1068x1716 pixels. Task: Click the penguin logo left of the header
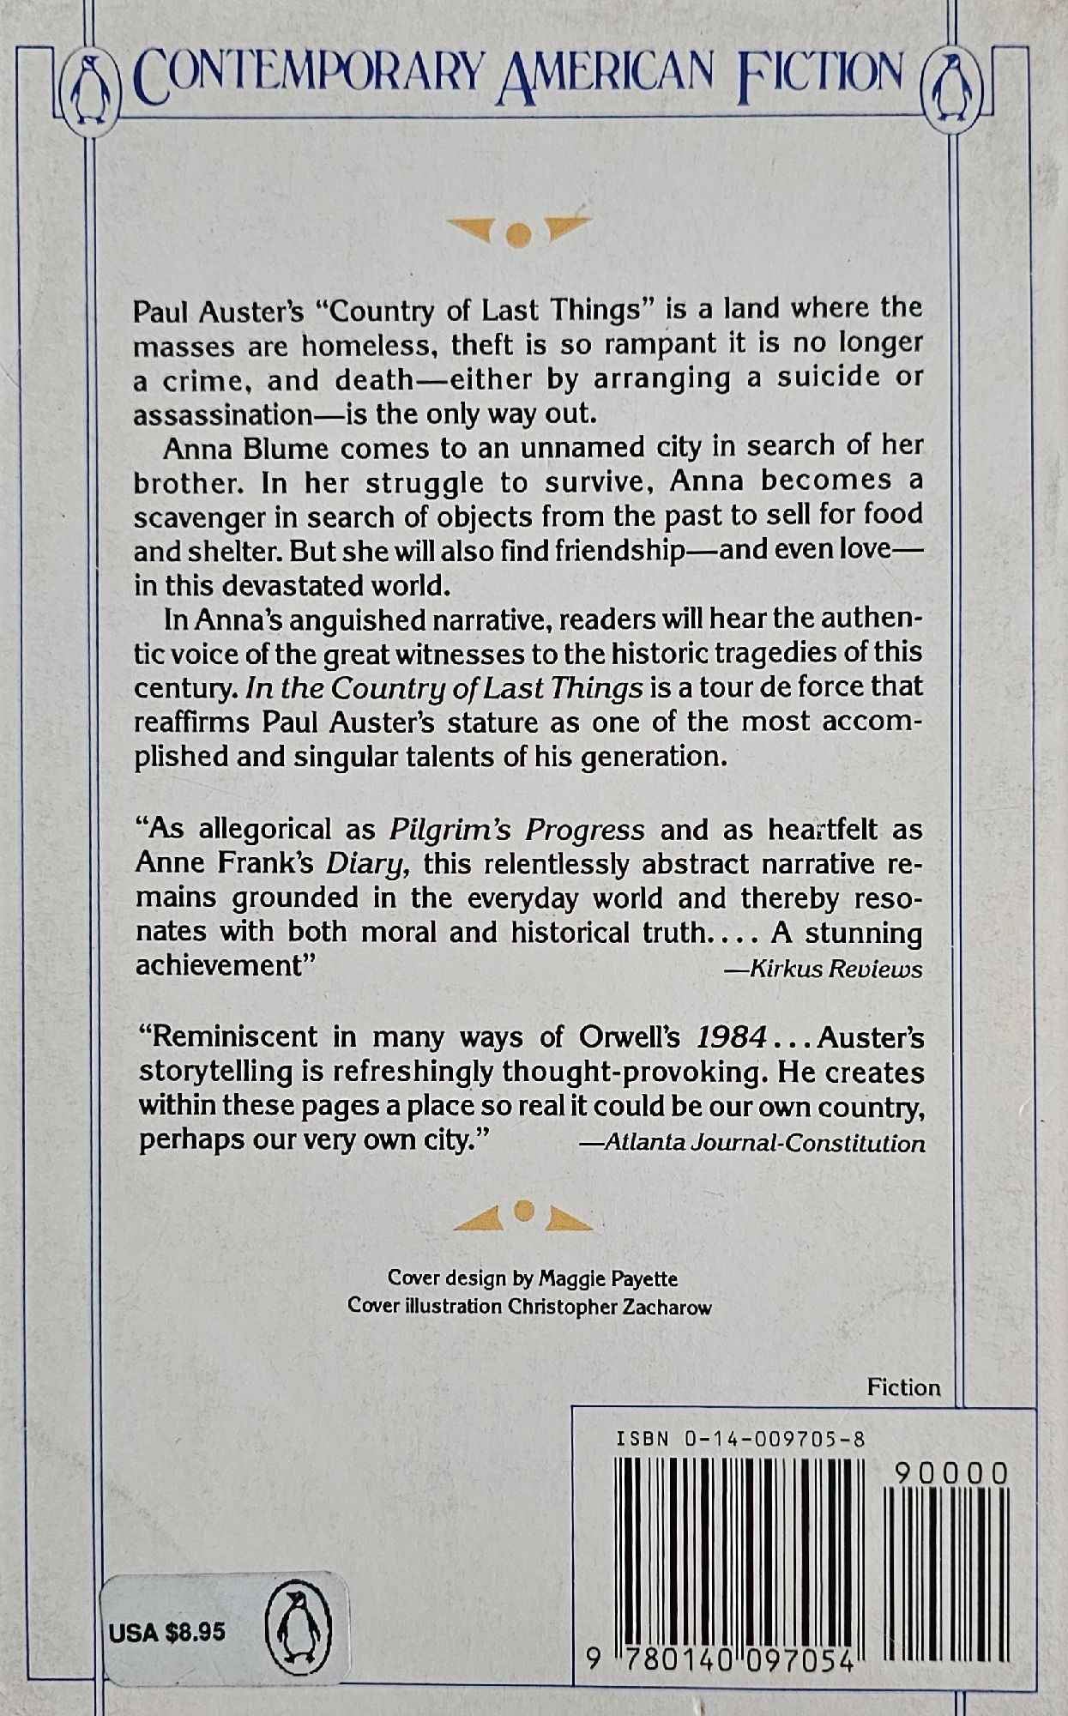pyautogui.click(x=87, y=83)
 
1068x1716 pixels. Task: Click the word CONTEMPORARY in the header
pyautogui.click(x=307, y=76)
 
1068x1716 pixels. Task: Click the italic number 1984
pyautogui.click(x=731, y=1037)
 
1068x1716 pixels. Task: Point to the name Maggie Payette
pyautogui.click(x=608, y=1278)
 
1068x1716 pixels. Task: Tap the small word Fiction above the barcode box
pyautogui.click(x=903, y=1387)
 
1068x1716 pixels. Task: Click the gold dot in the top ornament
pyautogui.click(x=516, y=234)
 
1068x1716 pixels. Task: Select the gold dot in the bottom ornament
pyautogui.click(x=523, y=1211)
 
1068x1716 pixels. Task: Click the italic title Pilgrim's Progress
pyautogui.click(x=516, y=830)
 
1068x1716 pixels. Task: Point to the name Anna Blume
pyautogui.click(x=227, y=447)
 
